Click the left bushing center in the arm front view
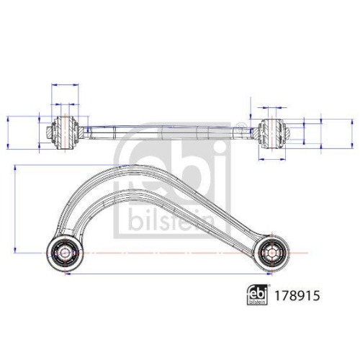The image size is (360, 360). [x=63, y=251]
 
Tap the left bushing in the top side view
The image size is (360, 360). [x=65, y=130]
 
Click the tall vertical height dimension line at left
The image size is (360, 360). [x=16, y=209]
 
